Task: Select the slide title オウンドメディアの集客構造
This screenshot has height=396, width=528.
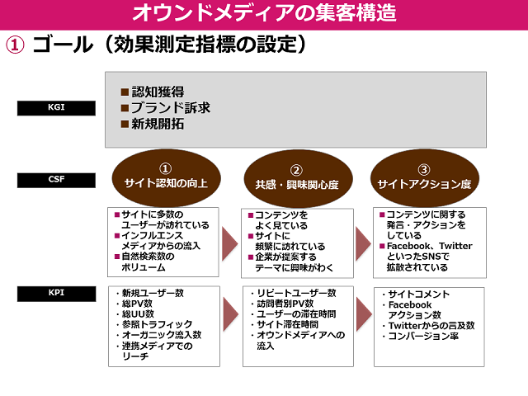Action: click(x=264, y=12)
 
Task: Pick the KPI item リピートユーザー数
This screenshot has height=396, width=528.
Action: click(x=296, y=293)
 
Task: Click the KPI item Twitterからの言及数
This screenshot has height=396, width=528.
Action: click(x=431, y=326)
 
